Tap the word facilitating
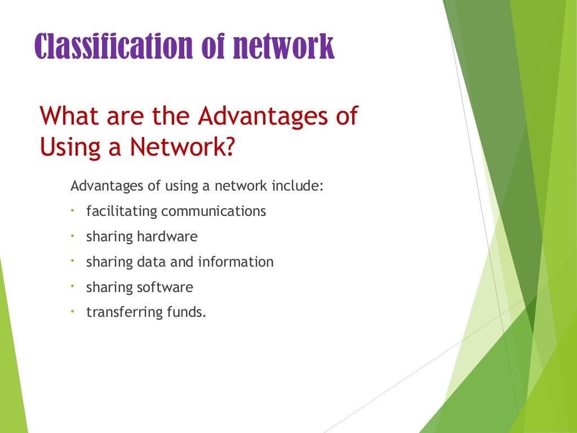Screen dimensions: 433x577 point(122,211)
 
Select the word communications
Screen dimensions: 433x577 point(214,211)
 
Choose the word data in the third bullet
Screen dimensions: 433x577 point(149,262)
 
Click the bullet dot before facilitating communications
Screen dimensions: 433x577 point(73,211)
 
